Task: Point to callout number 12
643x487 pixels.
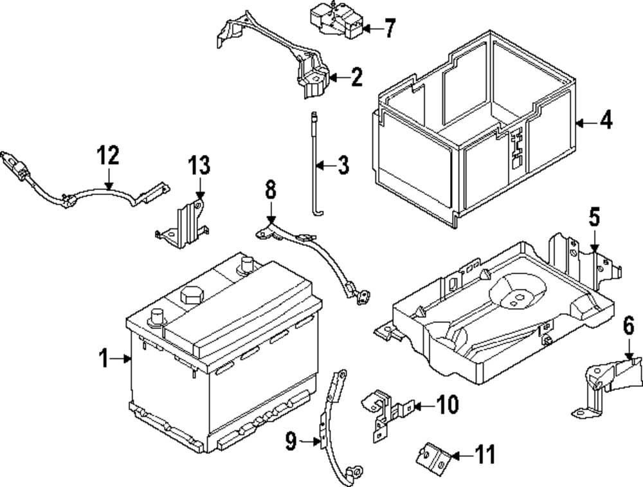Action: [x=109, y=156]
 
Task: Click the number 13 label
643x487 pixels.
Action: [x=199, y=165]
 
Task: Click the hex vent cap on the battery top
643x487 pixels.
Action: [x=190, y=296]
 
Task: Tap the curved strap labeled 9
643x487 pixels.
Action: [x=334, y=425]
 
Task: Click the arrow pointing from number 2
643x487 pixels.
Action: [x=337, y=78]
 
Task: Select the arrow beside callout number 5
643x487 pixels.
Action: [x=593, y=243]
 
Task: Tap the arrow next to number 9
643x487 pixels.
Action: [x=311, y=441]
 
